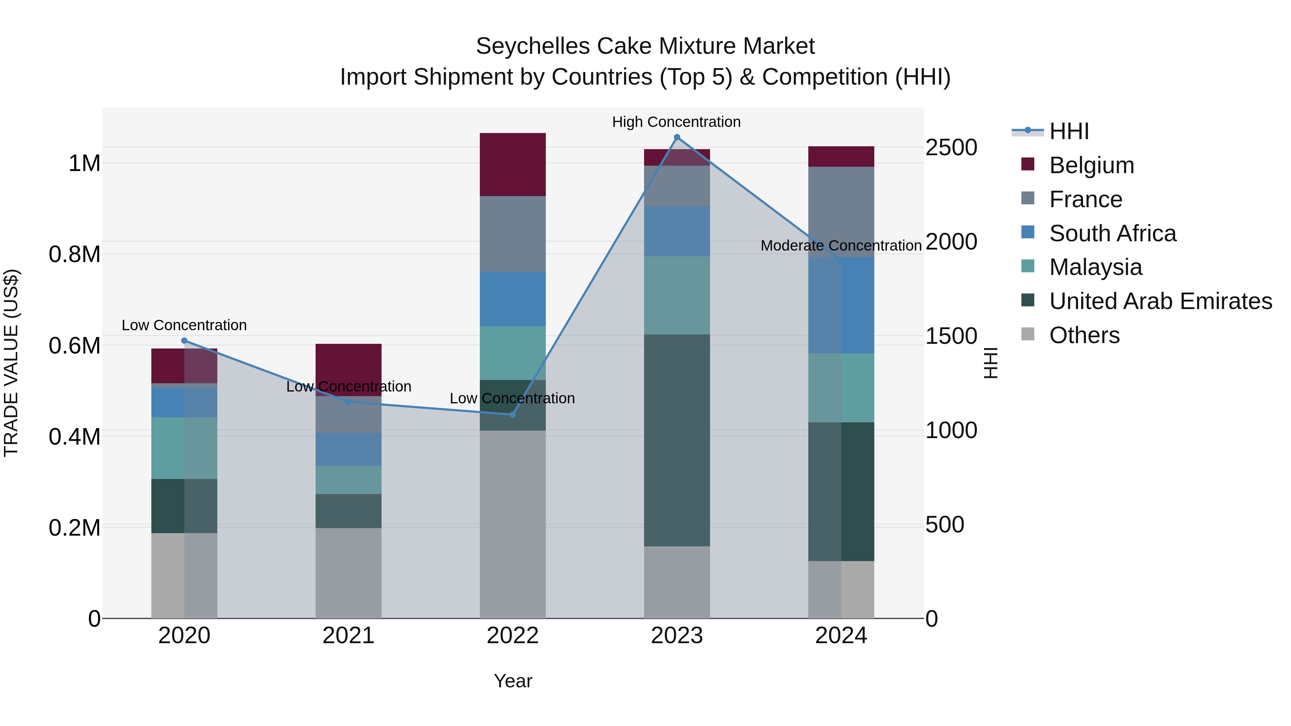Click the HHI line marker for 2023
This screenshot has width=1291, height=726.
click(x=677, y=137)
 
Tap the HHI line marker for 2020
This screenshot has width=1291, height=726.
click(x=184, y=341)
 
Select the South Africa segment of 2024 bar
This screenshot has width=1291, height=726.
click(x=841, y=305)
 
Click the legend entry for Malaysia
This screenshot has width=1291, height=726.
click(x=1096, y=267)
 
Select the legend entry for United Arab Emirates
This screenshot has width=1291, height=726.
click(x=1160, y=301)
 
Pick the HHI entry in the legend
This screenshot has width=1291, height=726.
click(x=1069, y=131)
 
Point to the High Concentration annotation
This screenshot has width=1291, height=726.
click(x=676, y=122)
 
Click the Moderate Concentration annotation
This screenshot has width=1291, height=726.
click(x=841, y=246)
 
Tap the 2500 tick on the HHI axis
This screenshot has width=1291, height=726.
click(x=951, y=147)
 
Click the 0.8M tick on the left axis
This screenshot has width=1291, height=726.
click(x=75, y=255)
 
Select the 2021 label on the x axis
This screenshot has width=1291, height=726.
click(x=348, y=635)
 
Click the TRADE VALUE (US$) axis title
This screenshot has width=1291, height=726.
click(x=11, y=363)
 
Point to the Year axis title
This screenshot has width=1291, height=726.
click(x=513, y=681)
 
